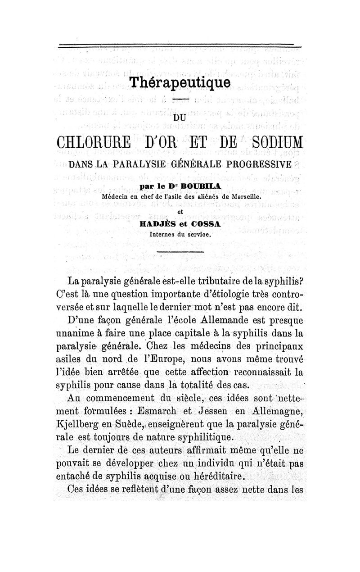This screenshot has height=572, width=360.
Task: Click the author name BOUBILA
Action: [x=202, y=186]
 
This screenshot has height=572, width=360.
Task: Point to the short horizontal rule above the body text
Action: [x=180, y=251]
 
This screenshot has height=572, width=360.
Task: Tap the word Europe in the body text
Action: [x=150, y=360]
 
